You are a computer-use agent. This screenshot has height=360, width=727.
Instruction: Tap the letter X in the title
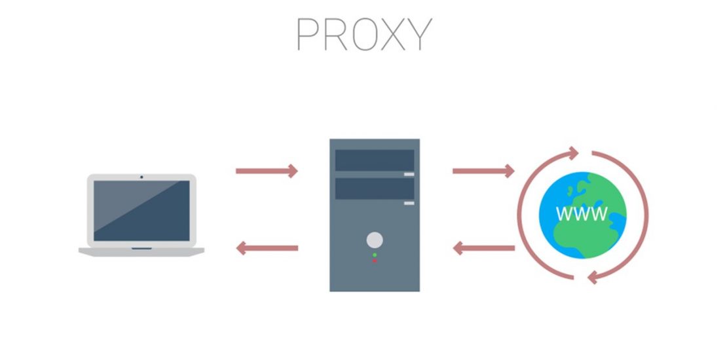click(x=391, y=34)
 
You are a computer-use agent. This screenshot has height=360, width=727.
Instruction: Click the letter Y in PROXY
click(x=419, y=34)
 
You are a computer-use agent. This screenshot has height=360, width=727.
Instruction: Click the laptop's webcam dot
click(x=141, y=177)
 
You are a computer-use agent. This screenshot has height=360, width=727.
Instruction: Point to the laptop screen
click(x=141, y=210)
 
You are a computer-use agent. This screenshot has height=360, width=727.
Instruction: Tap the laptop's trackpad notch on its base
click(x=141, y=249)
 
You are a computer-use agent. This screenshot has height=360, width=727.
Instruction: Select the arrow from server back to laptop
click(x=267, y=249)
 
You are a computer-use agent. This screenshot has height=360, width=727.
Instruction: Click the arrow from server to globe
click(x=483, y=171)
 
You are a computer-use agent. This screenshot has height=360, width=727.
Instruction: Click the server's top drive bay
click(x=374, y=160)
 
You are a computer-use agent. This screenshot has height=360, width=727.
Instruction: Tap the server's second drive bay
click(x=374, y=189)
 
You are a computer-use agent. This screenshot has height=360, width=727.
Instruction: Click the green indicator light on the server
click(x=375, y=254)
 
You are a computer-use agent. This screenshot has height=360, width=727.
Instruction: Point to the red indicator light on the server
click(x=375, y=261)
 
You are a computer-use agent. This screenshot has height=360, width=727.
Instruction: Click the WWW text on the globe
click(x=582, y=213)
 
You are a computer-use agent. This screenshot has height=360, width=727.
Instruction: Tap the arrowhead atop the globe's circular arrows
click(x=574, y=153)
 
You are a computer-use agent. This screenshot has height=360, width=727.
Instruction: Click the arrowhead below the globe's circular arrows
click(x=592, y=278)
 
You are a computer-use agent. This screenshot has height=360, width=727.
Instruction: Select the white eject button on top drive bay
click(x=409, y=174)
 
